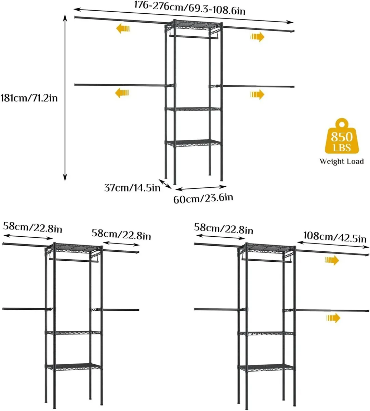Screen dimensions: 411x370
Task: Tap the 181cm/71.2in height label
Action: (x=29, y=98)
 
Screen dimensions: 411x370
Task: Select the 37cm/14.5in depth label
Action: (x=132, y=187)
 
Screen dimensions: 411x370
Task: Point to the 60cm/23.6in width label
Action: (x=203, y=198)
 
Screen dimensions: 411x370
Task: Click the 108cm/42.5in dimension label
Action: (x=334, y=237)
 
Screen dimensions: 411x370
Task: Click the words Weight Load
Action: (x=341, y=161)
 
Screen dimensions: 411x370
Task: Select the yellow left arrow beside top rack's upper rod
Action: (x=123, y=29)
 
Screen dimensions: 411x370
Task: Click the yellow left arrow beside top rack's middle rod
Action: (x=122, y=92)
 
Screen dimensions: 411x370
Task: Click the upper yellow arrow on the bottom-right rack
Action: (x=332, y=260)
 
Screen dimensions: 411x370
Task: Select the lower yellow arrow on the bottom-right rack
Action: (x=333, y=318)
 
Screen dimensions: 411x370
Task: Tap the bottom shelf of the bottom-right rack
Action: (x=266, y=368)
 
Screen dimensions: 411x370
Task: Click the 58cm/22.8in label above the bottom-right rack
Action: (x=223, y=228)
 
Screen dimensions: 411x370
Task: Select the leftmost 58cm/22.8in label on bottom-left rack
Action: (x=32, y=227)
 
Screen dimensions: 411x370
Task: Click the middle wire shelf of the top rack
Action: (x=194, y=109)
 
